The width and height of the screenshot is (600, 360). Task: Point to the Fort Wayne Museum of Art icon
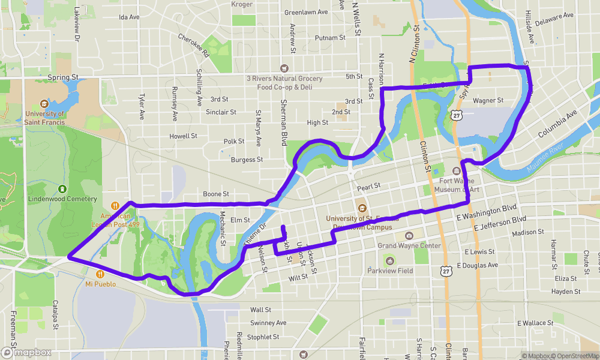457,172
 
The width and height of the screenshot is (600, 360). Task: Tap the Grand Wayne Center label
409,245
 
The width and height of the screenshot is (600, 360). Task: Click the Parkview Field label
390,271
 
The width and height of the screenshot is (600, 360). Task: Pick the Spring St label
63,77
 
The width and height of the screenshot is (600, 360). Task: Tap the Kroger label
242,4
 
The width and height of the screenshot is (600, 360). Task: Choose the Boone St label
216,194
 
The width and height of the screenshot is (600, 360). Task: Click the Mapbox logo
26,352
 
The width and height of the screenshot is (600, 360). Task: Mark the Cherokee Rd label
193,46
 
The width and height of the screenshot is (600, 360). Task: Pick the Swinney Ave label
268,323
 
